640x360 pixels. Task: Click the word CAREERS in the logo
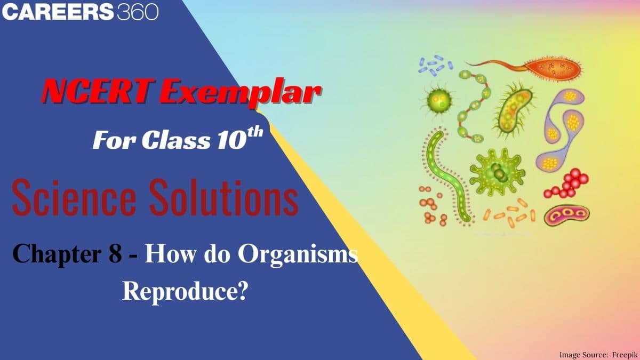pos(58,12)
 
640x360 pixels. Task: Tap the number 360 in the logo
pos(137,12)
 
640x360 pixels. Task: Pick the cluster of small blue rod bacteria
pos(435,63)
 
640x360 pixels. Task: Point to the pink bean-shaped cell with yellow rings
pos(566,214)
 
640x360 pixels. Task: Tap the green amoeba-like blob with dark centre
pos(496,172)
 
